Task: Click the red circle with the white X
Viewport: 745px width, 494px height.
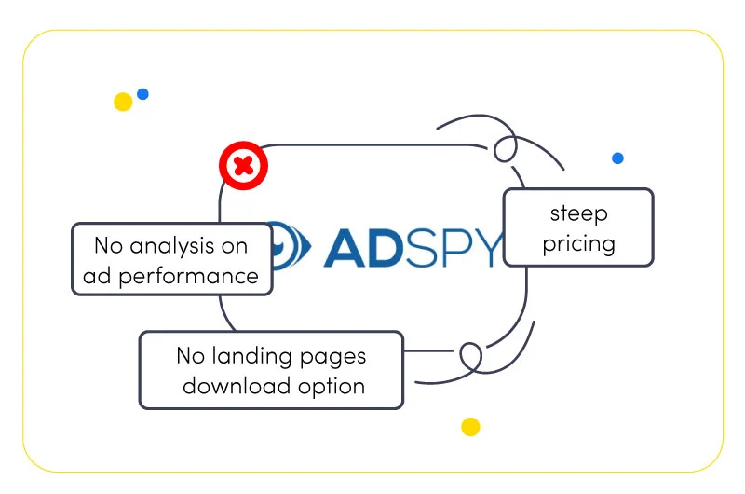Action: point(243,166)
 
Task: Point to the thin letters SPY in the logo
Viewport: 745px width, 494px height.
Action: point(454,248)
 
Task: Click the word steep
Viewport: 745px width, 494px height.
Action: point(578,214)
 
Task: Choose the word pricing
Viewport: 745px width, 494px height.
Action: point(578,244)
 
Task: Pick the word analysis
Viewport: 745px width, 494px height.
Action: point(172,246)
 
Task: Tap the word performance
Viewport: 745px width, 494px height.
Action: point(188,277)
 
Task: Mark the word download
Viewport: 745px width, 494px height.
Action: point(237,386)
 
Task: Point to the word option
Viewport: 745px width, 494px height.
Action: point(332,387)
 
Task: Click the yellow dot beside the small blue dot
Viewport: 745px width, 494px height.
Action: point(123,102)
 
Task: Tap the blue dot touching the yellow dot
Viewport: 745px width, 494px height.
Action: point(142,93)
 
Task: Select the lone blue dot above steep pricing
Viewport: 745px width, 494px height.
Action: point(617,158)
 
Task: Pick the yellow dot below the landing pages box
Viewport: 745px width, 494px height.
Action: point(470,427)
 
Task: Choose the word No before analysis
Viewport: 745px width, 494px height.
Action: point(109,246)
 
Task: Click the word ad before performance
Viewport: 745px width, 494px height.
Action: point(97,276)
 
